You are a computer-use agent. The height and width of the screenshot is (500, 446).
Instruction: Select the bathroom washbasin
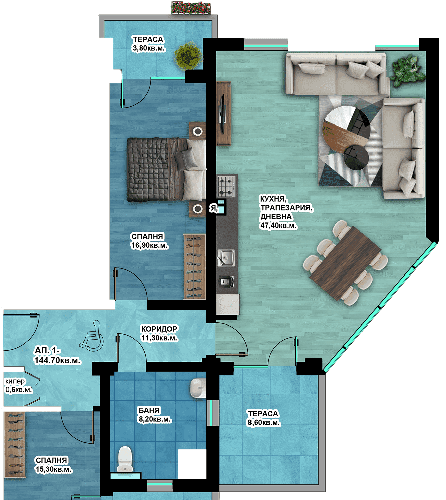[198, 388]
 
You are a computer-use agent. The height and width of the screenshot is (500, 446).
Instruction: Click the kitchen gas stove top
[226, 186]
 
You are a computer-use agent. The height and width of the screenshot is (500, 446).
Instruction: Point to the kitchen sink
[226, 258]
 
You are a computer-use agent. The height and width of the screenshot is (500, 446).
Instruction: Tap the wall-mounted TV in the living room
[222, 114]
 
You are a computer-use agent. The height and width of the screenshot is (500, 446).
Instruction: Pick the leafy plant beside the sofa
[407, 70]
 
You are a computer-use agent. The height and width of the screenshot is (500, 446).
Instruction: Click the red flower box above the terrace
[191, 8]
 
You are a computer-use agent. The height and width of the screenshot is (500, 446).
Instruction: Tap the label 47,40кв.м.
[278, 225]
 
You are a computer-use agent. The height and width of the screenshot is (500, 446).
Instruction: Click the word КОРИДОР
[159, 329]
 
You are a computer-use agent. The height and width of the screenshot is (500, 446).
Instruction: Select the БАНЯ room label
[149, 410]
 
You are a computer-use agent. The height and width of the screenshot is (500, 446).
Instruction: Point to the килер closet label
[15, 381]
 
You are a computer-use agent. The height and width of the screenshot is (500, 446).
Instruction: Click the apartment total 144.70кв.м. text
[57, 360]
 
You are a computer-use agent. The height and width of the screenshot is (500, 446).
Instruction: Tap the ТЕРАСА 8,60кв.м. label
[264, 418]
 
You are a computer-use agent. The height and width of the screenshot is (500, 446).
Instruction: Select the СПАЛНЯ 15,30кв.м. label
[53, 465]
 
